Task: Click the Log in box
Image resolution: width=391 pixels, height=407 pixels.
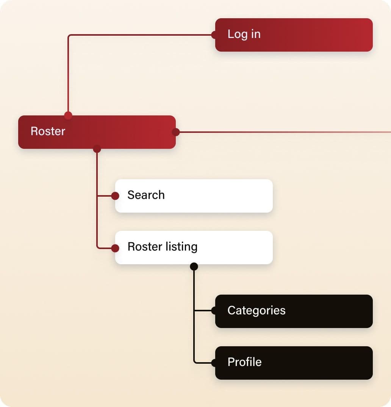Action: [x=294, y=35]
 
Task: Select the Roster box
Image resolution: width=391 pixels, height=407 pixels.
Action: [x=97, y=132]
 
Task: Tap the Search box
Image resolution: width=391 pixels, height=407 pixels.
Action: [x=194, y=196]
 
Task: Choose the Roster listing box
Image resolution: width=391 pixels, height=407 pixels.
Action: [x=194, y=248]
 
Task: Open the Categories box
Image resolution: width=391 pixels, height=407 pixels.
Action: [x=294, y=311]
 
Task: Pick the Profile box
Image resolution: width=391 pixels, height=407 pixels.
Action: [x=294, y=363]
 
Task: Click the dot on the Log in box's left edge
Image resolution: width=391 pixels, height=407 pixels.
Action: [x=215, y=35]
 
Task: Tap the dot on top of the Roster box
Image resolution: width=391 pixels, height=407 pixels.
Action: [x=68, y=115]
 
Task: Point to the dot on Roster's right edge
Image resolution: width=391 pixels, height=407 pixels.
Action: [x=176, y=132]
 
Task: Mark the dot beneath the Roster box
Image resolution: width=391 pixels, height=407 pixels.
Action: [x=97, y=149]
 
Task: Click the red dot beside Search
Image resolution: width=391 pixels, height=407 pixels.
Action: [x=115, y=196]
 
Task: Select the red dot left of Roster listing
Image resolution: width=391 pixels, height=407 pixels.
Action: [x=115, y=248]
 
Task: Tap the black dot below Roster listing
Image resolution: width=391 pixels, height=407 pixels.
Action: [x=194, y=266]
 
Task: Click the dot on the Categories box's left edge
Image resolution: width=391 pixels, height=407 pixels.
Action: [x=215, y=311]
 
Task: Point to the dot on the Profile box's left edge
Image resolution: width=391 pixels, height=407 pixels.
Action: [x=215, y=363]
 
